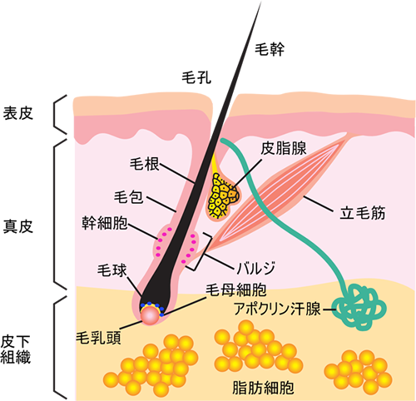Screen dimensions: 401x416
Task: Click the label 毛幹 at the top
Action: coord(269,49)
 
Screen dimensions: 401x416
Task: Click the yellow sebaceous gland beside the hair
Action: coord(222,196)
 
